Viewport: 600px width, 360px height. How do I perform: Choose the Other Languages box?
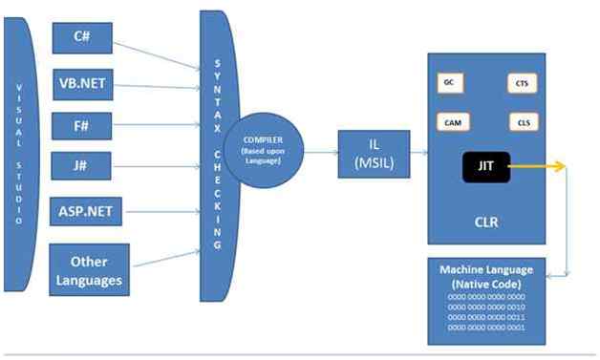88,269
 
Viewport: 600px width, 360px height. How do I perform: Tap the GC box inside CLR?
448,83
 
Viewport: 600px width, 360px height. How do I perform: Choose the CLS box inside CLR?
522,122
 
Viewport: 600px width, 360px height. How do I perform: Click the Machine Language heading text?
486,276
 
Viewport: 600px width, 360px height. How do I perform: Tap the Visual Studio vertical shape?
17,153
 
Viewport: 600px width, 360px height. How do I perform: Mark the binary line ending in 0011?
486,316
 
